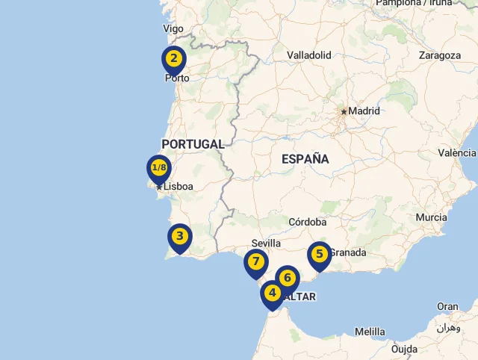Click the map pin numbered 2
tap(173, 58)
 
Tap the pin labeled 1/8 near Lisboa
tap(159, 167)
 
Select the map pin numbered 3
tap(179, 237)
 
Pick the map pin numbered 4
tap(272, 294)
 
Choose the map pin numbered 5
tap(320, 254)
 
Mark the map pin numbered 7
tap(255, 261)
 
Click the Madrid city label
tap(364, 111)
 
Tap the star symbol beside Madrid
tap(344, 112)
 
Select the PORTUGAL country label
tap(193, 144)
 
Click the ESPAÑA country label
tap(305, 158)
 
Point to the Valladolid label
tap(308, 55)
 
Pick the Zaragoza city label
tap(440, 55)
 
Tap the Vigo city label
tap(173, 28)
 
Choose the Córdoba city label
tap(307, 222)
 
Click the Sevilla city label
tap(267, 243)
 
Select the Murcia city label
tap(432, 217)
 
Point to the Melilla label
tap(370, 332)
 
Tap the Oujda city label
tap(404, 349)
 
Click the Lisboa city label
tap(179, 187)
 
